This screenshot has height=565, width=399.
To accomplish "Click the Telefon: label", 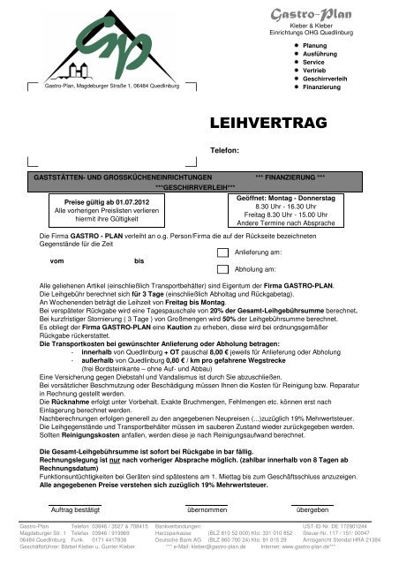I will [225, 151].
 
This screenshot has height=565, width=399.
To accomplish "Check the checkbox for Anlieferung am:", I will [222, 252].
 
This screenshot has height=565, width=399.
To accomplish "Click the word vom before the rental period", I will [57, 261].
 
